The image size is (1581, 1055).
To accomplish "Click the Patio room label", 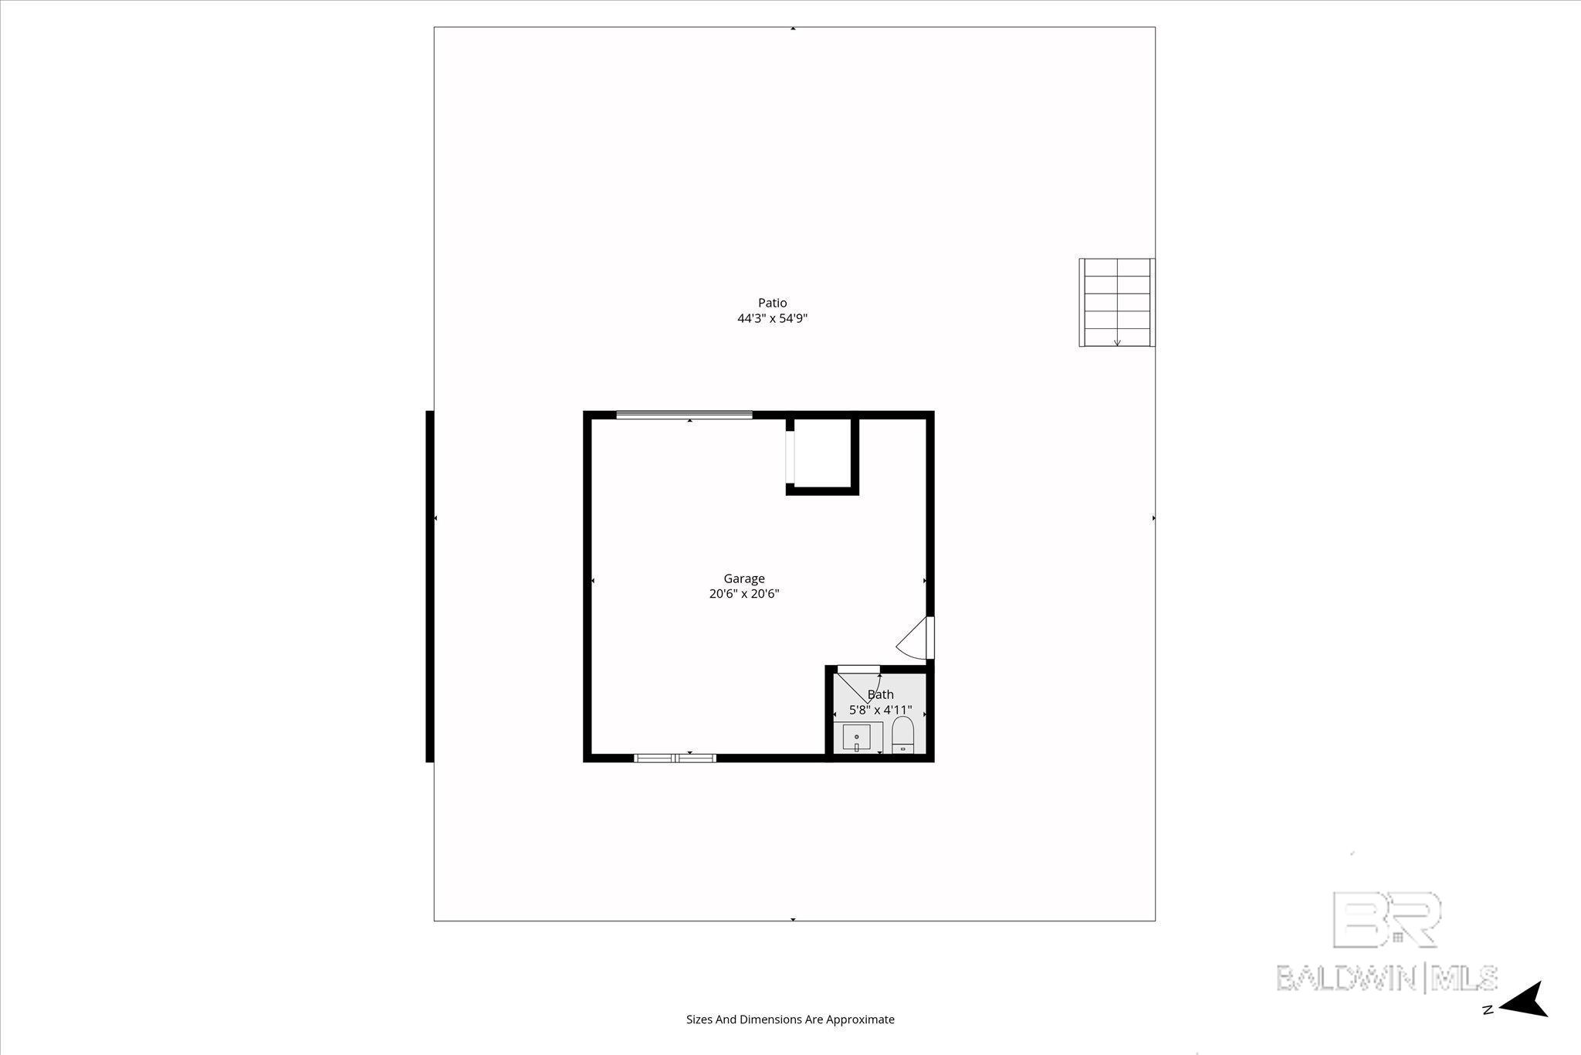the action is tap(772, 303).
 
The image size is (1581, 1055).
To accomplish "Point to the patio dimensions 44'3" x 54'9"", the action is tap(772, 318).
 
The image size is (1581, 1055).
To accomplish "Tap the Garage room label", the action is tap(744, 578).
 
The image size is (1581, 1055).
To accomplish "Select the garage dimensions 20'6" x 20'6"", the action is tap(744, 594).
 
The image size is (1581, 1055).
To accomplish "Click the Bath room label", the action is tap(880, 694).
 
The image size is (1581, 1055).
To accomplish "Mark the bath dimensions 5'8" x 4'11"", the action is tap(880, 710).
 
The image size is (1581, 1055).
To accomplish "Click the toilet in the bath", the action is tap(902, 734).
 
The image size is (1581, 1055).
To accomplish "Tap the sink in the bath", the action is tap(857, 737).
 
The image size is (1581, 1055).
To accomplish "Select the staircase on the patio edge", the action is tap(1116, 303).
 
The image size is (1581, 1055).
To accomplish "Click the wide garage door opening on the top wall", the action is tap(684, 415).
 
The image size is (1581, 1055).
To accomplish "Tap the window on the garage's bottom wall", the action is tap(675, 758).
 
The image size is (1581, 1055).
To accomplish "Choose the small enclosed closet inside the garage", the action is tap(822, 453).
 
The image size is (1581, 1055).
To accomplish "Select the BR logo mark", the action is tap(1387, 920).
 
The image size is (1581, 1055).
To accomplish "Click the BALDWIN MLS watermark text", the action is tap(1387, 977).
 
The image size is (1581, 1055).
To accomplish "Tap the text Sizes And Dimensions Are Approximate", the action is tap(790, 1019).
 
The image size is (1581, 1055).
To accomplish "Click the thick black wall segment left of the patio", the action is tap(429, 586).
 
